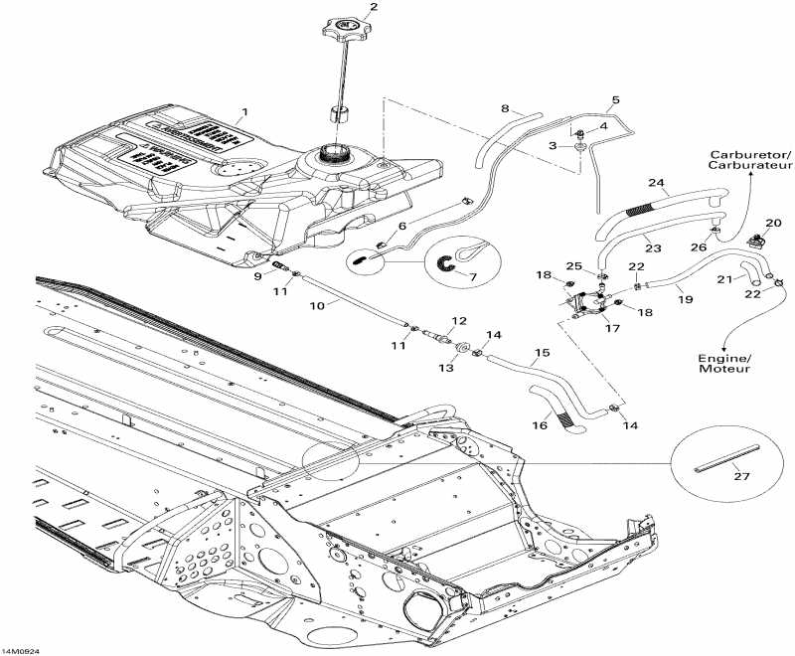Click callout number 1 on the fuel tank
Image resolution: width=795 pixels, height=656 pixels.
coord(245,112)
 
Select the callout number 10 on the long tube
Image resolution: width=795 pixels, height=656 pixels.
coord(316,306)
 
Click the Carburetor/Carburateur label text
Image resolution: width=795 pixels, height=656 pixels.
coord(750,162)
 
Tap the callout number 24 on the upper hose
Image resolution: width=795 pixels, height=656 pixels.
coord(655,183)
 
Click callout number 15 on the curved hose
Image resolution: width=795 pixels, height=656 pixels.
coord(542,352)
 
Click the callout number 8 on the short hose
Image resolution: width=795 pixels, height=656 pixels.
coord(505,107)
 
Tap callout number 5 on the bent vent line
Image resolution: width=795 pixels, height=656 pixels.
coord(615,99)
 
